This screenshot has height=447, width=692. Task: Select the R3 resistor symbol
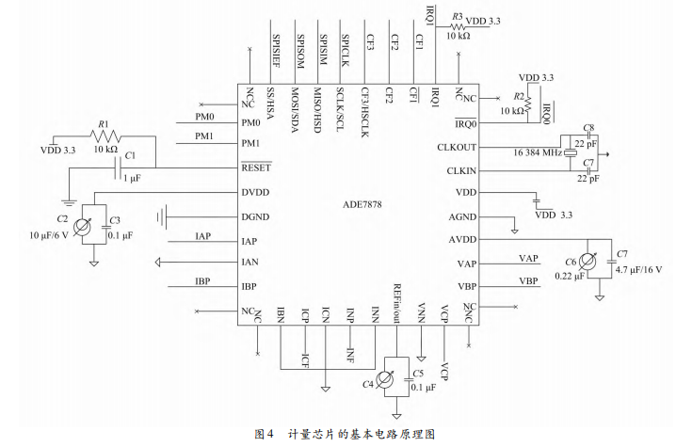(458, 28)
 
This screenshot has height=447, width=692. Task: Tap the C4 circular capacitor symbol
(384, 379)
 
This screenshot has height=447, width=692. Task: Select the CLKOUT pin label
(458, 147)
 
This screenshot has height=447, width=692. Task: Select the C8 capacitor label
(587, 127)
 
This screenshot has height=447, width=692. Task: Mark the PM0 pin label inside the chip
(251, 122)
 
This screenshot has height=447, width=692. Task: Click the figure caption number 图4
(265, 434)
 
